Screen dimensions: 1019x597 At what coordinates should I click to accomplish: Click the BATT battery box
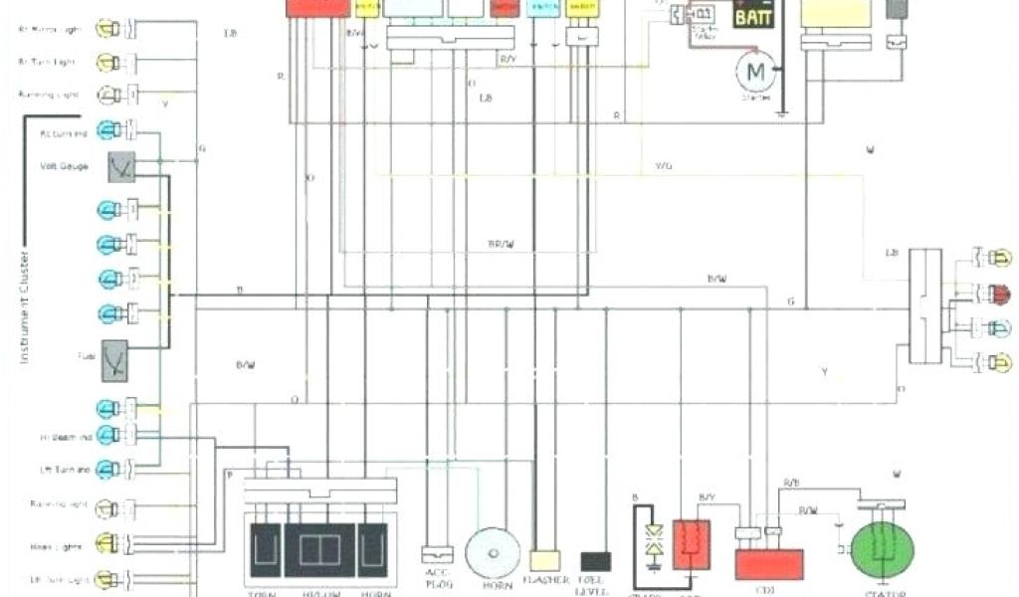point(758,14)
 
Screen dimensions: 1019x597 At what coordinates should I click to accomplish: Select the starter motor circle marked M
point(755,71)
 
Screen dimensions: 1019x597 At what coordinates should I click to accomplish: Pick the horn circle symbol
point(494,552)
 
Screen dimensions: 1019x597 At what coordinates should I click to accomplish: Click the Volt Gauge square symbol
point(121,166)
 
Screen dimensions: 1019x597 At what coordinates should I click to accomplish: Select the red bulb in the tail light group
point(999,294)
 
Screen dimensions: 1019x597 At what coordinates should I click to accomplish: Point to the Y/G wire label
point(663,165)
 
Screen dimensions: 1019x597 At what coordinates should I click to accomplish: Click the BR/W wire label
point(502,244)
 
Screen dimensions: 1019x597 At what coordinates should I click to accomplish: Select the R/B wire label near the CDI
point(791,483)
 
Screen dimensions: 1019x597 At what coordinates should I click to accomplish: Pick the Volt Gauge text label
point(67,166)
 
